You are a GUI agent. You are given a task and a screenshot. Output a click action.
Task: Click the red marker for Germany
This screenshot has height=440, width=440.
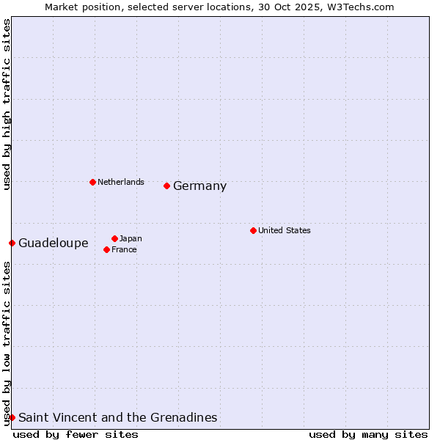[x=167, y=186]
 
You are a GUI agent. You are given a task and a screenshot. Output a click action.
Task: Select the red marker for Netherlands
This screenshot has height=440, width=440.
[x=92, y=182]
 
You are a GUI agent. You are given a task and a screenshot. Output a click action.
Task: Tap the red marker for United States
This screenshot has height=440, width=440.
[x=253, y=230]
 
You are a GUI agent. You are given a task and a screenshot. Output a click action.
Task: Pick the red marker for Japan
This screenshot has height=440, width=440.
[x=114, y=238]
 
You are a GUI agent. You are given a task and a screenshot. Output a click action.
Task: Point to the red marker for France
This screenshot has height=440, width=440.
[x=106, y=249]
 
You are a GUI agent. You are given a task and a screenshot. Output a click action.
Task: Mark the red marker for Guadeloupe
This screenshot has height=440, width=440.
[x=12, y=243]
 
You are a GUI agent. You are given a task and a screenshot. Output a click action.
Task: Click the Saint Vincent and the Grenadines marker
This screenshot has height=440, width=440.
[x=12, y=417]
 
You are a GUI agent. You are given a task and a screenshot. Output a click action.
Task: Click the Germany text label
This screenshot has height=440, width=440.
[x=199, y=186]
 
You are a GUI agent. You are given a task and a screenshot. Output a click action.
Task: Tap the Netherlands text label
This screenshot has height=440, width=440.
[x=120, y=182]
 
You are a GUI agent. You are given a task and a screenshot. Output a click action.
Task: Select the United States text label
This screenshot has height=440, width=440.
[x=284, y=230]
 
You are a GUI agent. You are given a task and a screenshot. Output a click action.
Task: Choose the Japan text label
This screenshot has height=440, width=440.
[x=131, y=238]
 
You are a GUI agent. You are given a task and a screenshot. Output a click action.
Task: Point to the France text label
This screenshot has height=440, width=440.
[x=124, y=249]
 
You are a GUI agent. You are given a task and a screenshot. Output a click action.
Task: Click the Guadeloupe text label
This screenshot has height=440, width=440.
[x=53, y=243]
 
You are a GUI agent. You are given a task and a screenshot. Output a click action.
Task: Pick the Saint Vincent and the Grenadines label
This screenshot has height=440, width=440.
[x=117, y=418]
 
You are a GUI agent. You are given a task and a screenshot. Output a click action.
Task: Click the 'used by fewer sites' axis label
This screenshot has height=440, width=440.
[x=76, y=434]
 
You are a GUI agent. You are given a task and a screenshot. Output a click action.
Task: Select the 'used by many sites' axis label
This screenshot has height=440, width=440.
[x=368, y=434]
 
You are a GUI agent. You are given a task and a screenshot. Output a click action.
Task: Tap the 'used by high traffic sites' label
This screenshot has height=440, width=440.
[x=7, y=104]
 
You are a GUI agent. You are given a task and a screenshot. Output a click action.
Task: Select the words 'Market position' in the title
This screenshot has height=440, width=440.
[x=79, y=7]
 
